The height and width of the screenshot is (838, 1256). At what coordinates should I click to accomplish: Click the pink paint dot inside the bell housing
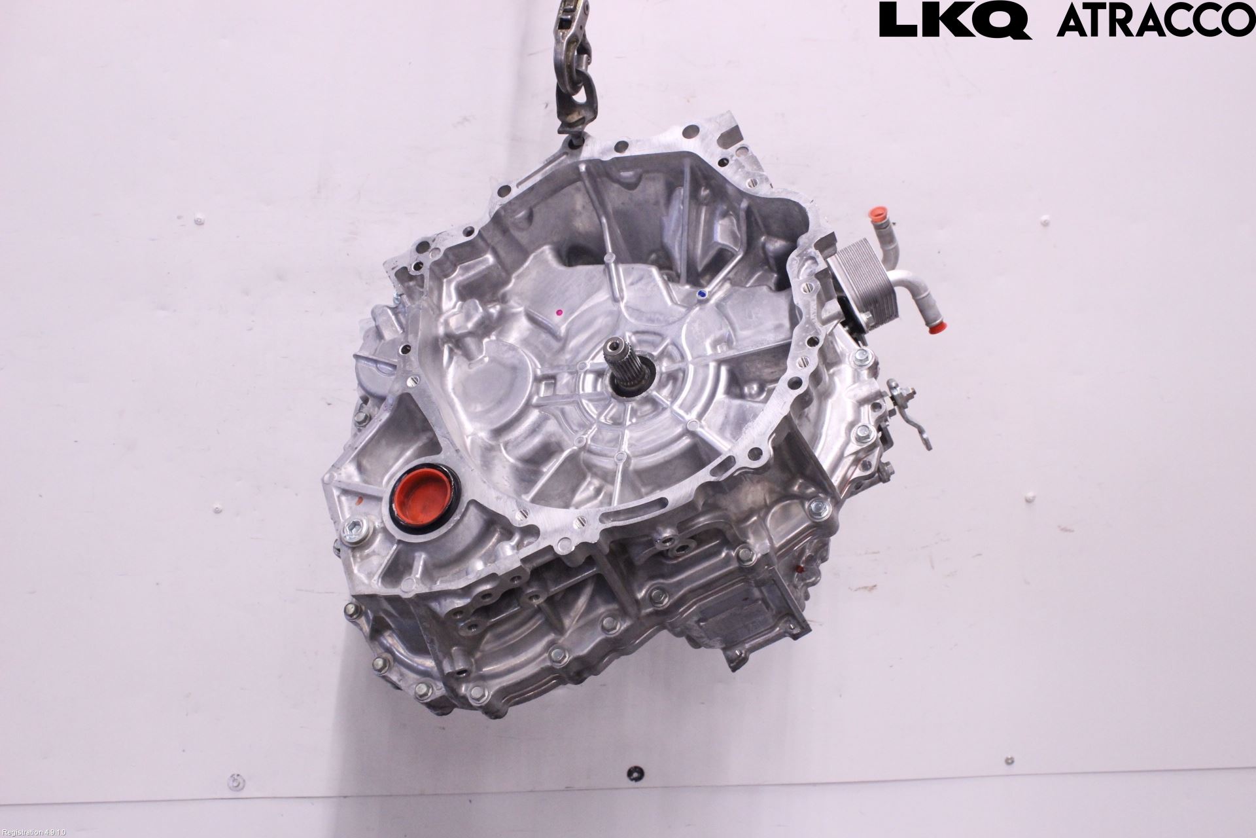point(559,313)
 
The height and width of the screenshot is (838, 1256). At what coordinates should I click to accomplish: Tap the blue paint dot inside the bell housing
point(702,294)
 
